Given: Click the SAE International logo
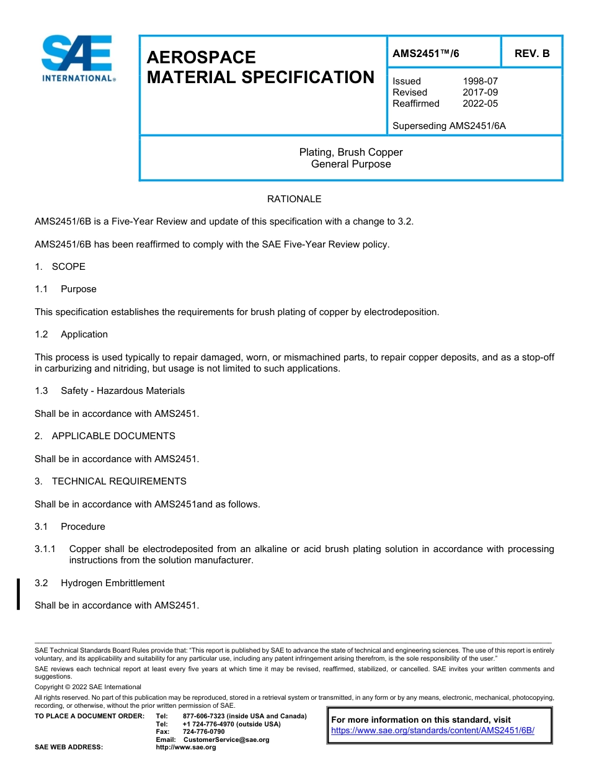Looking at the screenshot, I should [77, 59].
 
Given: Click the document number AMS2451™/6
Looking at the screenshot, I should [426, 53].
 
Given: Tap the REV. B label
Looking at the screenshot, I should [531, 53].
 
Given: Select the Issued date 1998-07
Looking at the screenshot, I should [480, 81].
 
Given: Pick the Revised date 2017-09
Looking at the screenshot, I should [480, 92].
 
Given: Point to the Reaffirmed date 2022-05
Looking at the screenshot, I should [480, 104].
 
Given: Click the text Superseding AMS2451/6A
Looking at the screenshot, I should [449, 126].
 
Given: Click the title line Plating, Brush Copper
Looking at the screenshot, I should [351, 153].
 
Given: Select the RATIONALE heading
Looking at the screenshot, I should [294, 199].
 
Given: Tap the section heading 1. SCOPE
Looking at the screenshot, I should [60, 267].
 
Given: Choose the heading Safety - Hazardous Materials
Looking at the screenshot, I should [122, 391].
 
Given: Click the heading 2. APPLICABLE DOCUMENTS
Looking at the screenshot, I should [105, 436].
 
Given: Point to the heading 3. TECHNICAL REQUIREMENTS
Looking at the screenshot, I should [110, 481].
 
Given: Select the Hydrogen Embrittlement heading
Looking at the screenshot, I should [112, 583].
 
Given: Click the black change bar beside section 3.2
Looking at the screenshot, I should [19, 594].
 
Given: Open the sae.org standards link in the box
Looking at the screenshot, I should [432, 731].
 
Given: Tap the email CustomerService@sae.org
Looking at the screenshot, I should [226, 739].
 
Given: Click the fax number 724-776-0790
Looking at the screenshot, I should [203, 732].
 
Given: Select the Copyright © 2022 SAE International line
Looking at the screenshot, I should [88, 687].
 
